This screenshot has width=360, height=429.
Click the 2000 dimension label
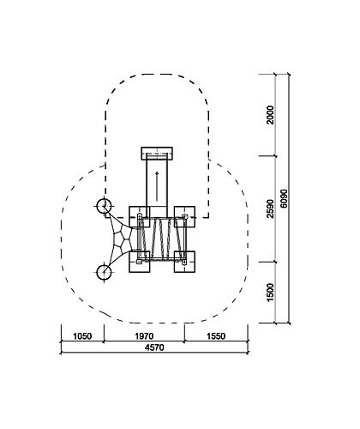point(270,115)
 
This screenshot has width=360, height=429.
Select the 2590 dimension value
point(270,208)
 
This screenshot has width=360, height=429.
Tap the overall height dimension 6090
point(284,198)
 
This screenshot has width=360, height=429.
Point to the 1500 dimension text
point(270,293)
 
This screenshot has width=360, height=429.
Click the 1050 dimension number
point(82,336)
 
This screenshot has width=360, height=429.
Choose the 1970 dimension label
point(144,336)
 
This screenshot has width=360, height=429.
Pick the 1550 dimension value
point(216,336)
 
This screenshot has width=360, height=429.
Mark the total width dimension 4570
point(154,347)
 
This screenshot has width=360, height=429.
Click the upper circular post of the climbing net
point(104,206)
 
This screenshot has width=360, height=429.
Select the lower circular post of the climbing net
point(104,272)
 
